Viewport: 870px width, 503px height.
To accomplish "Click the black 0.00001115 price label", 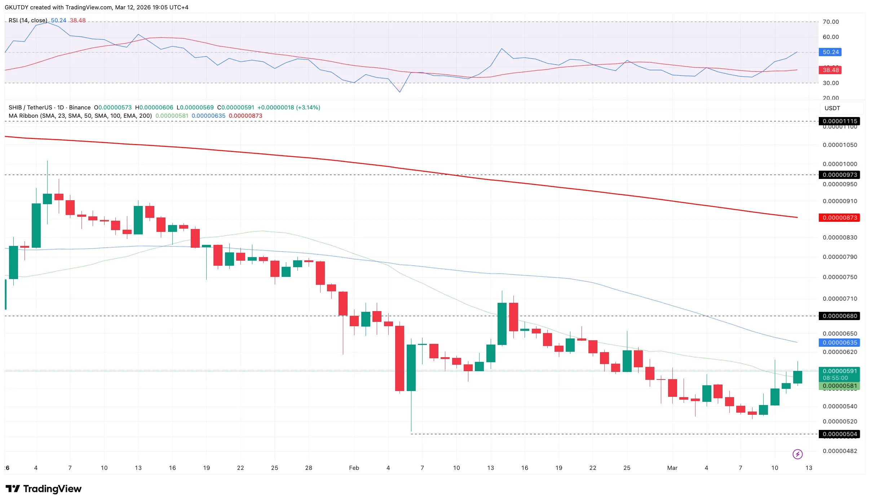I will (x=839, y=121).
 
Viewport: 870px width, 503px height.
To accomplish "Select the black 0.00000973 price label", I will (x=839, y=175).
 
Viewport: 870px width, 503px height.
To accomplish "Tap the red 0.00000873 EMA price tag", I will (x=839, y=217).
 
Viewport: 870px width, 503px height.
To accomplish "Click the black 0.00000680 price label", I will (x=839, y=316).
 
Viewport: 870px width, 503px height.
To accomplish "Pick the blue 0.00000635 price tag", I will (x=839, y=342).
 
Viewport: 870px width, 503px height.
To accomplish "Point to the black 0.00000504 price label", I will (x=839, y=434).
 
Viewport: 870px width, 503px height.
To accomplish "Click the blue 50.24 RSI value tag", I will (x=830, y=52).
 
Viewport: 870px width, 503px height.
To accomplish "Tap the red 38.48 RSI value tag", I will (x=830, y=70).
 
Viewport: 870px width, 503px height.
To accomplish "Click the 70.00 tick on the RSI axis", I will (x=831, y=22).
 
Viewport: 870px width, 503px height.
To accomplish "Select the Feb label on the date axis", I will (x=354, y=468).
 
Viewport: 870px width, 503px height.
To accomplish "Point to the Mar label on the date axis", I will (x=672, y=468).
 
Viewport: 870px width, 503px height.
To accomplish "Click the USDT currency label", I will (x=832, y=108).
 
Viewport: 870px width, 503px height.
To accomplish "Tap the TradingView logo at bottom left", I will (x=44, y=489).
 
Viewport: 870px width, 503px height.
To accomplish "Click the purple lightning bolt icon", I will (x=798, y=454).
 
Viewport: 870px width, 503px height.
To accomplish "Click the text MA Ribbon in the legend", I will (x=23, y=116).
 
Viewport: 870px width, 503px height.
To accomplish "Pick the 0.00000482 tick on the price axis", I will (x=840, y=451).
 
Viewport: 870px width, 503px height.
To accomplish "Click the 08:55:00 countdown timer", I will (x=835, y=378).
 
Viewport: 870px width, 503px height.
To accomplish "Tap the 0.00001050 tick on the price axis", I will (x=840, y=145).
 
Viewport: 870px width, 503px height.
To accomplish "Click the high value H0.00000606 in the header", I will (x=154, y=107).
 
